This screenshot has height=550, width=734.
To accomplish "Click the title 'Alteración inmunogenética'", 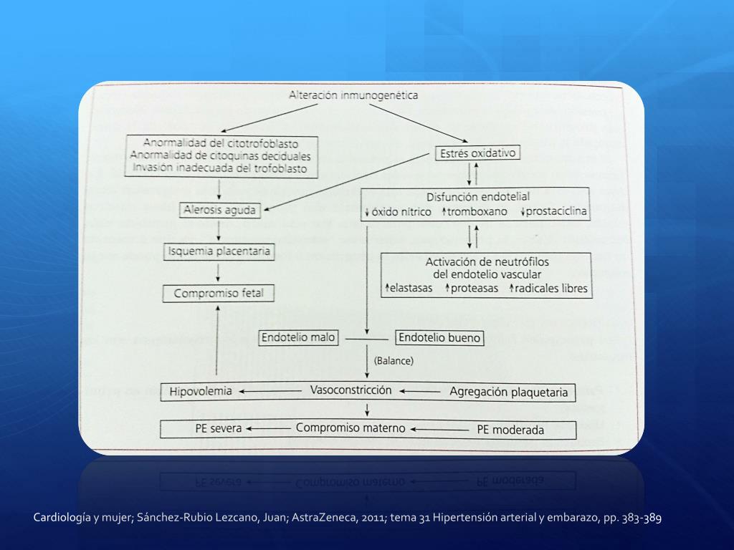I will [x=353, y=95].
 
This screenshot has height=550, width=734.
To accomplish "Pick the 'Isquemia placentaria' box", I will [x=218, y=251].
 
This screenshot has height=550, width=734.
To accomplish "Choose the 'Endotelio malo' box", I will [x=298, y=337].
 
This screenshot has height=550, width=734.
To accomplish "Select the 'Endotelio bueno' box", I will [x=439, y=337].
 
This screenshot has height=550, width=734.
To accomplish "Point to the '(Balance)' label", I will [x=394, y=361].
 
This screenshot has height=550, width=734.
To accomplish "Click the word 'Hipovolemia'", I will [x=201, y=391].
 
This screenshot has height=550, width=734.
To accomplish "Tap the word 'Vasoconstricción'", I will [x=351, y=390].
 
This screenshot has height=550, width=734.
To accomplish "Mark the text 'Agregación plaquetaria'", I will [x=508, y=392].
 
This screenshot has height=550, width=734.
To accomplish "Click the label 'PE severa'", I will [x=218, y=429].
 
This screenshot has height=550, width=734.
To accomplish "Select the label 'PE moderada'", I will [x=510, y=430].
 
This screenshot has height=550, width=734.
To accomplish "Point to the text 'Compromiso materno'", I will [x=351, y=428].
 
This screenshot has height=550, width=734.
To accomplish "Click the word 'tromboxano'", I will [x=477, y=212].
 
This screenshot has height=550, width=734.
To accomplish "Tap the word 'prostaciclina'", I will [x=556, y=212].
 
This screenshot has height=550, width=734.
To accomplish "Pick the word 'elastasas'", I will [x=413, y=289].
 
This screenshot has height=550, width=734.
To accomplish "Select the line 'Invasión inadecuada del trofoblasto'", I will [x=220, y=168].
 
